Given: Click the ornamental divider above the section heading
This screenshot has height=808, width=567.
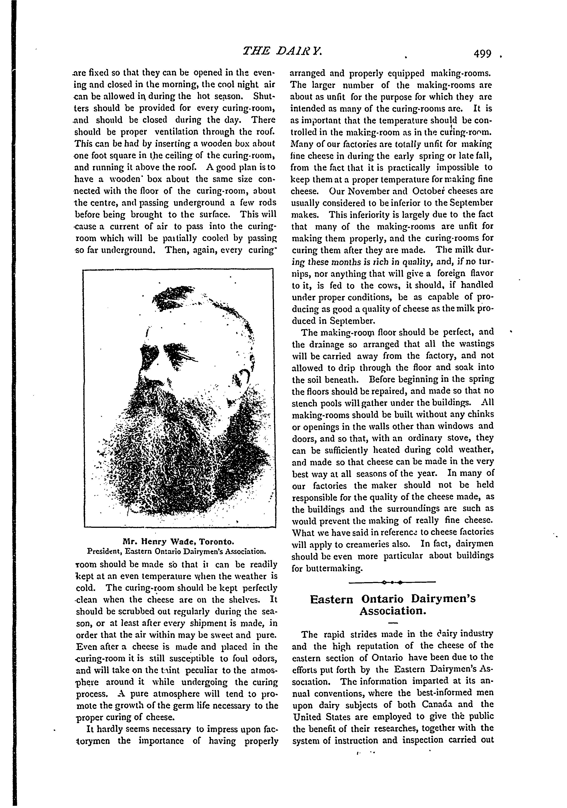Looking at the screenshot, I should (x=392, y=582).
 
